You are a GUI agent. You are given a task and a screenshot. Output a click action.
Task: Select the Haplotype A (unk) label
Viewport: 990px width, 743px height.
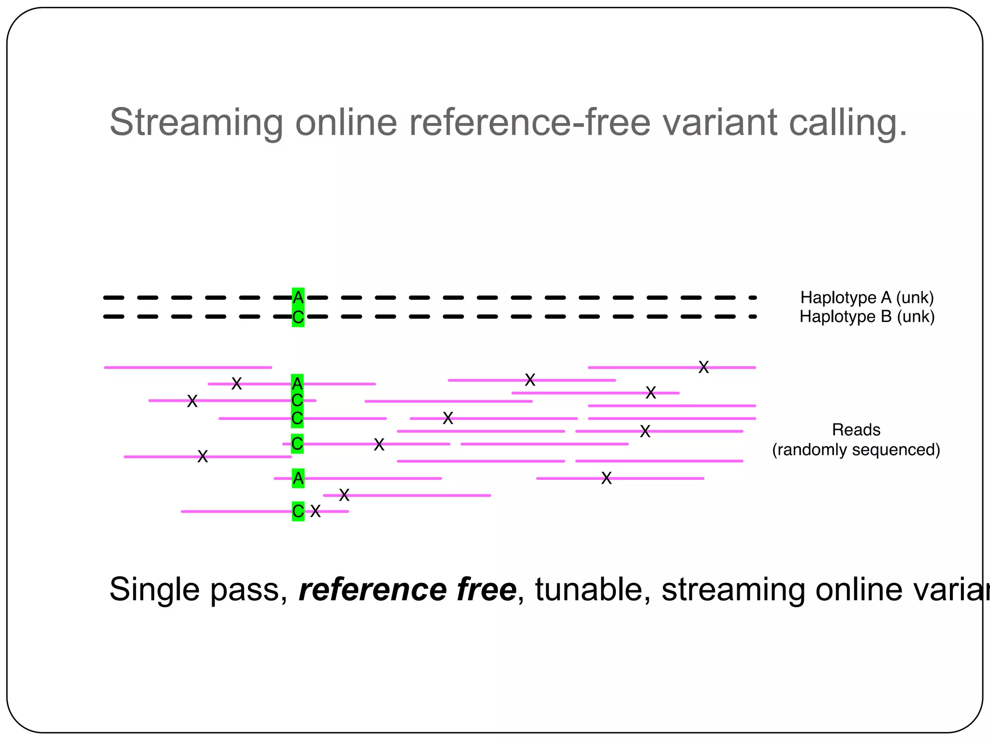click(867, 297)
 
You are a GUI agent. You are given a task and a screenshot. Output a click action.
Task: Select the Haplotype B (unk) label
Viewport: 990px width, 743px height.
click(867, 317)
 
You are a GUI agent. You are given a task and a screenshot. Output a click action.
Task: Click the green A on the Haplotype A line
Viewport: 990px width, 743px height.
click(298, 297)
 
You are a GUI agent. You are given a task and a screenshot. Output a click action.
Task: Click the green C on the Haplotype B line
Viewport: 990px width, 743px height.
click(298, 317)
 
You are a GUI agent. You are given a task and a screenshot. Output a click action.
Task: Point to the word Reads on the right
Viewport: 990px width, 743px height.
click(856, 430)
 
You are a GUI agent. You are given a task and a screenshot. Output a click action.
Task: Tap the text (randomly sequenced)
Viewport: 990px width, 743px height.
click(856, 450)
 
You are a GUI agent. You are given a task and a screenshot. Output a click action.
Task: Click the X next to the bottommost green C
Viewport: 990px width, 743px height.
click(315, 511)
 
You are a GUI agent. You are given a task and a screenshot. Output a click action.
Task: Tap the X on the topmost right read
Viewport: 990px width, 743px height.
click(703, 367)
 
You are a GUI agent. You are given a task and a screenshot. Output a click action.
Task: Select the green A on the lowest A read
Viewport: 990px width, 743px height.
click(298, 478)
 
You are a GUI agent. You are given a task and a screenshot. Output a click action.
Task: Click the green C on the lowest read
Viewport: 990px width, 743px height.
click(298, 511)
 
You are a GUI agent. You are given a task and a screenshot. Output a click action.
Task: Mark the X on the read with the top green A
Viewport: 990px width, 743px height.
click(236, 384)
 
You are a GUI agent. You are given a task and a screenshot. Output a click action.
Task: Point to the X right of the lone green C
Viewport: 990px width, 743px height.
click(379, 445)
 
